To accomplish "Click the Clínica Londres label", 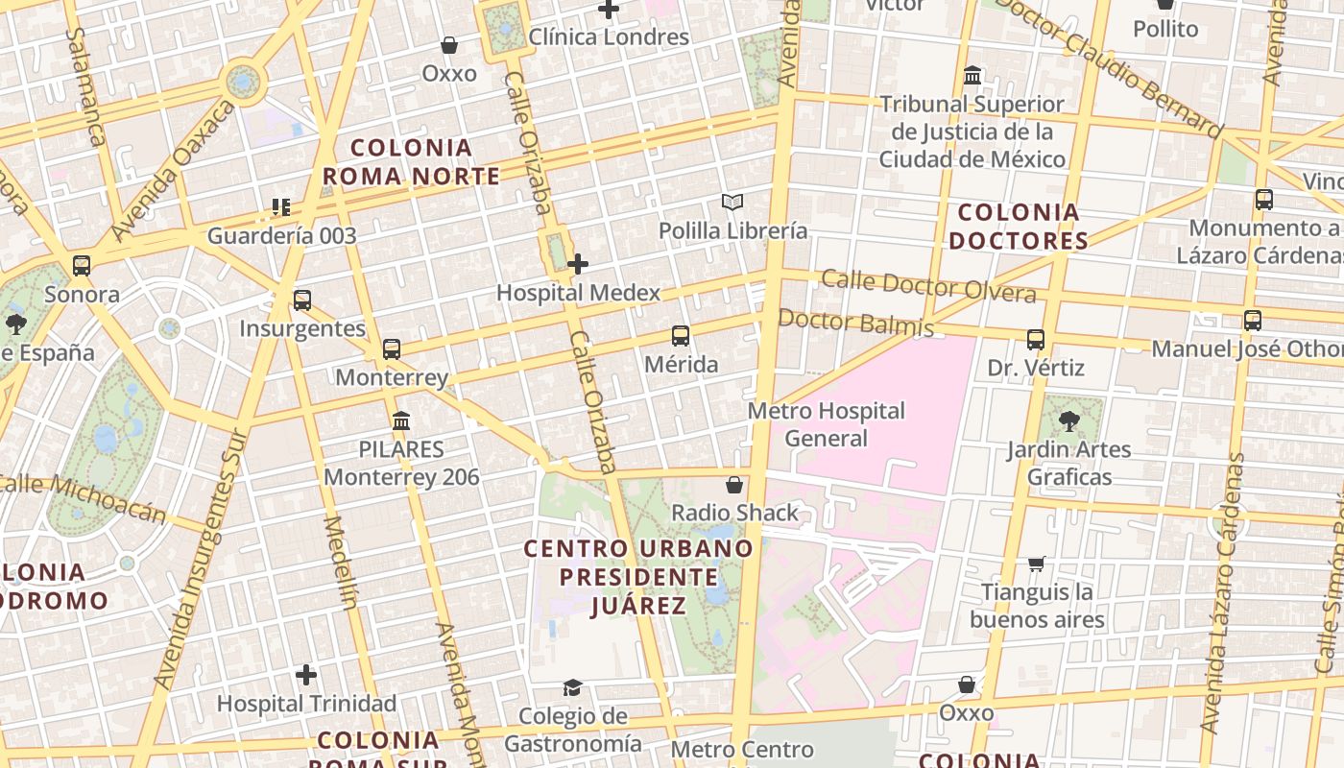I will (x=609, y=37).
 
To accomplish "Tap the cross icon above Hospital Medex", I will (x=578, y=264).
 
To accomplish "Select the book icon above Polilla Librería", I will (x=732, y=203).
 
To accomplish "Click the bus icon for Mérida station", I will (x=681, y=336).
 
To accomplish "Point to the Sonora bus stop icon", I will (x=82, y=266).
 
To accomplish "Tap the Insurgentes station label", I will (x=302, y=328).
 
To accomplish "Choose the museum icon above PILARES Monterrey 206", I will (x=401, y=421).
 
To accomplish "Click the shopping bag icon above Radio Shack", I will (x=734, y=485).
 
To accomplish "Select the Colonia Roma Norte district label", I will (x=412, y=162).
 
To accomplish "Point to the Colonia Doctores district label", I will (x=1019, y=227).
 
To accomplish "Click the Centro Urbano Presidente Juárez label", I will (x=638, y=577).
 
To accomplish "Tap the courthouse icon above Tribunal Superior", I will (x=972, y=75).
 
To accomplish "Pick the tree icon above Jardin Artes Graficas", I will (x=1068, y=421).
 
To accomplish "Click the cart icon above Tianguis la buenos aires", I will (x=1036, y=564).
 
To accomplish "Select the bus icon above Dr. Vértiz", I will (x=1035, y=340).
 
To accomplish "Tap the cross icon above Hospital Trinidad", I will (x=306, y=676).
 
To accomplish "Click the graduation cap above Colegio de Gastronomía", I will (x=573, y=687).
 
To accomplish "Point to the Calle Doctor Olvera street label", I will (x=928, y=286).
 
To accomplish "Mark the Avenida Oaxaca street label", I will (x=173, y=171).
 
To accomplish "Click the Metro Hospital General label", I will (x=826, y=424).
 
